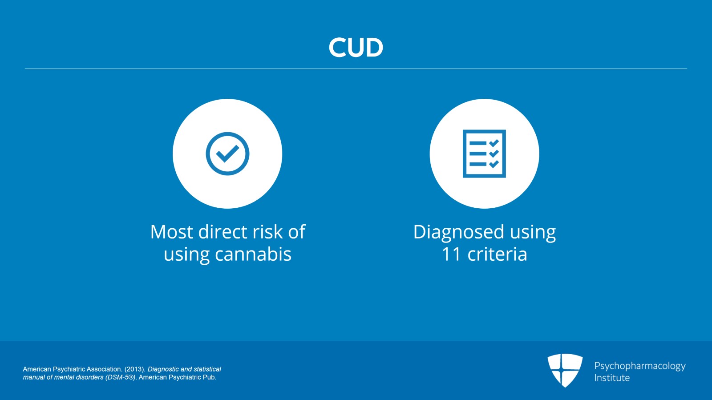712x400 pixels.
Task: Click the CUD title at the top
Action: (356, 47)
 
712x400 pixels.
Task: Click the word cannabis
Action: (253, 254)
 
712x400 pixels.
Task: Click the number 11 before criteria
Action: (451, 254)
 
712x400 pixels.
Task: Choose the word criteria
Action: (497, 254)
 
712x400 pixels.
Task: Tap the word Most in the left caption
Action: (171, 232)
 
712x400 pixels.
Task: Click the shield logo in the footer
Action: (565, 371)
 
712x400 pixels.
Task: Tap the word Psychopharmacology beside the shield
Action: (640, 366)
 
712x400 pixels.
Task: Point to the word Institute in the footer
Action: (612, 378)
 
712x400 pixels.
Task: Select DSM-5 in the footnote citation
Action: (121, 377)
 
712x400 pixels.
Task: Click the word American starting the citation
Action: (37, 369)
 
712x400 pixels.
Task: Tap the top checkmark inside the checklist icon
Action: (494, 143)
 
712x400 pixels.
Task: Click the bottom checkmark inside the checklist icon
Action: (494, 164)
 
